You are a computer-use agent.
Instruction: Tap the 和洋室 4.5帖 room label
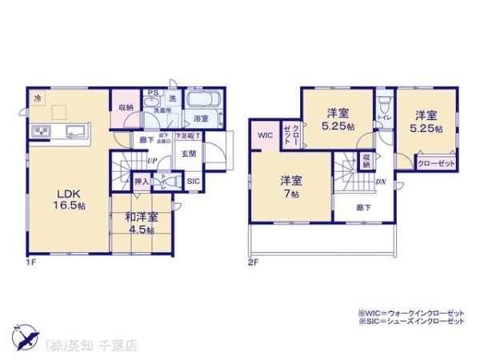[x=140, y=222]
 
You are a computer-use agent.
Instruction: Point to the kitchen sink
[x=77, y=131]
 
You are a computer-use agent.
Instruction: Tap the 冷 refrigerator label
[x=37, y=98]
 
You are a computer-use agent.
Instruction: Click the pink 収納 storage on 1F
[x=126, y=107]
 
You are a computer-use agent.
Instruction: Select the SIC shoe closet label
[x=194, y=182]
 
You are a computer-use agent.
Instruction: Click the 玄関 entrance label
[x=189, y=154]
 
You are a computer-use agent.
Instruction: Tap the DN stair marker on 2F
[x=382, y=182]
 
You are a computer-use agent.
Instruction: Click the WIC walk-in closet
[x=266, y=135]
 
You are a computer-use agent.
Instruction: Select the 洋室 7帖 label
[x=289, y=186]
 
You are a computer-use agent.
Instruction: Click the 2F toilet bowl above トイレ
[x=383, y=106]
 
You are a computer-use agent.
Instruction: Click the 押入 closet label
[x=141, y=182]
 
